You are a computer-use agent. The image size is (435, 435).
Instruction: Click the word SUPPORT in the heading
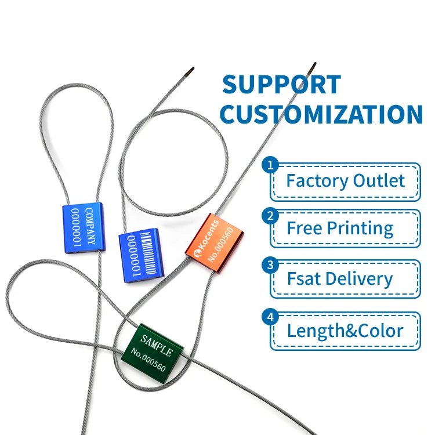[x=281, y=84]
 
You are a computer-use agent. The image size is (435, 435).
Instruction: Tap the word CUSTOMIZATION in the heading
[x=321, y=114]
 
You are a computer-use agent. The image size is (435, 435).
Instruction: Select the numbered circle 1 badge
[x=270, y=165]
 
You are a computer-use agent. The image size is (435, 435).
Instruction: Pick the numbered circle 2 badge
[x=270, y=216]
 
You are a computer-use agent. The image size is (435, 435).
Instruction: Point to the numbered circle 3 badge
[x=270, y=265]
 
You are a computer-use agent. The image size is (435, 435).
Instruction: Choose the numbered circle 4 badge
[x=270, y=317]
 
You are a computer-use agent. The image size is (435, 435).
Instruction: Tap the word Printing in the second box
[x=360, y=229]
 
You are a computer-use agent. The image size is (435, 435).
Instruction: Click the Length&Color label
[x=345, y=331]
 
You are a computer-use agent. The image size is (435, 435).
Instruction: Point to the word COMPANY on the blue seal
[x=90, y=226]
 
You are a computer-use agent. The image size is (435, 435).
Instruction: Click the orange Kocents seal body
[x=215, y=243]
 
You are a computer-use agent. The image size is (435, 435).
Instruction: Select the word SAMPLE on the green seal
[x=157, y=346]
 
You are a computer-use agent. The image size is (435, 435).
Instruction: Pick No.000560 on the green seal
[x=148, y=360]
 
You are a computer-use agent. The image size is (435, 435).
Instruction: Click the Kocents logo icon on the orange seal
[x=197, y=253]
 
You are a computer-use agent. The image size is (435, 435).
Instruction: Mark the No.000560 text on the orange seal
[x=220, y=245]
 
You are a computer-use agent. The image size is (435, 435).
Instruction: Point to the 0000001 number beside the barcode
[x=134, y=256]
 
